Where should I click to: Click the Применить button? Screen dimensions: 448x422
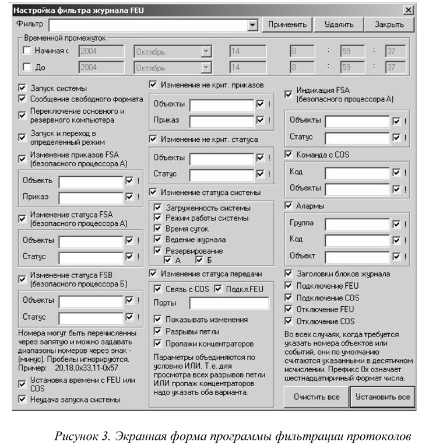pyautogui.click(x=287, y=24)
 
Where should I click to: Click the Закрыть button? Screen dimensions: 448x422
pyautogui.click(x=389, y=24)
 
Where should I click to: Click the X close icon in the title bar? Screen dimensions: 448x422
pyautogui.click(x=406, y=10)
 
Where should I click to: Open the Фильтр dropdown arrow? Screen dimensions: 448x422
pyautogui.click(x=252, y=25)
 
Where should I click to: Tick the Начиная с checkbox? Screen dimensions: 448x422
pyautogui.click(x=27, y=51)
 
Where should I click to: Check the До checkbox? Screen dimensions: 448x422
pyautogui.click(x=27, y=67)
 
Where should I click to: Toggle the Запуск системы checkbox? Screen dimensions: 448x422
pyautogui.click(x=23, y=87)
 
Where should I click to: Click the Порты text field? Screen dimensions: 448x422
pyautogui.click(x=228, y=303)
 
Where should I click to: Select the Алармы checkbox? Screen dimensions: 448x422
pyautogui.click(x=289, y=205)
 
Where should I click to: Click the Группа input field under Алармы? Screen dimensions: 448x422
pyautogui.click(x=357, y=223)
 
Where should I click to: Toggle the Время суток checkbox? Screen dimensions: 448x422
pyautogui.click(x=157, y=229)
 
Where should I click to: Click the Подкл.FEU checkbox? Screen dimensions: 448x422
pyautogui.click(x=218, y=289)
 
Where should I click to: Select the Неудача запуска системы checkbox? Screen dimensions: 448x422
pyautogui.click(x=23, y=400)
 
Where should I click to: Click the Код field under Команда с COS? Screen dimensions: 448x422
pyautogui.click(x=357, y=173)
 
